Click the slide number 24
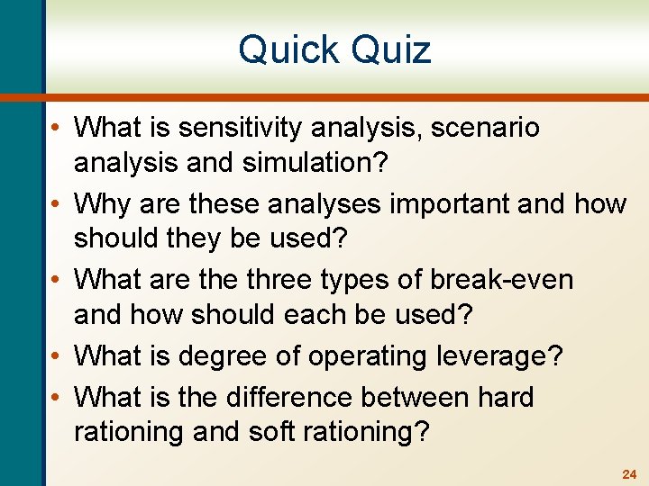pyautogui.click(x=628, y=473)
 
